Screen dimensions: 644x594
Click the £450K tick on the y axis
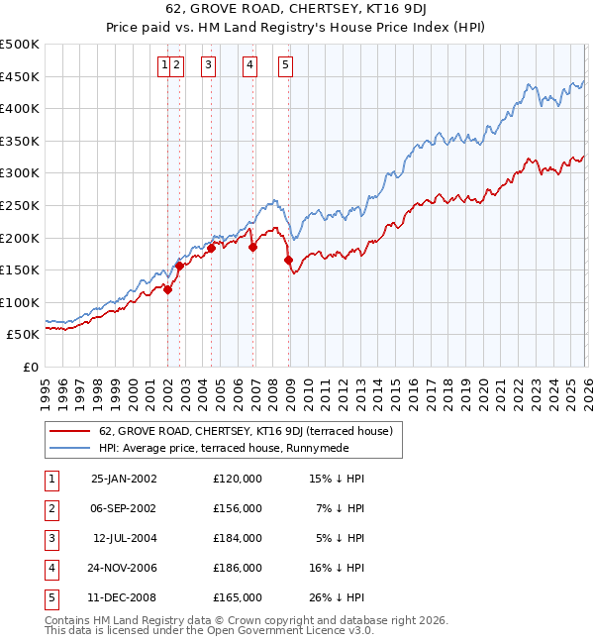pos(20,76)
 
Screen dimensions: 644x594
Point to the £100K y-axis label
pos(20,302)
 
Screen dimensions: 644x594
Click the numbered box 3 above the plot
pos(209,66)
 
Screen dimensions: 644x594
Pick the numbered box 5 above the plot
pos(285,66)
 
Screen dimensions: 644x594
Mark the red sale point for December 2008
pos(289,261)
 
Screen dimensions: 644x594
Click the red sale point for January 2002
pos(168,289)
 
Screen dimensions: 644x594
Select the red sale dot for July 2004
pos(211,248)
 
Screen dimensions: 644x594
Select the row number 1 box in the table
pos(49,478)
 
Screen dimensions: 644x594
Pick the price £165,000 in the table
pos(238,597)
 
